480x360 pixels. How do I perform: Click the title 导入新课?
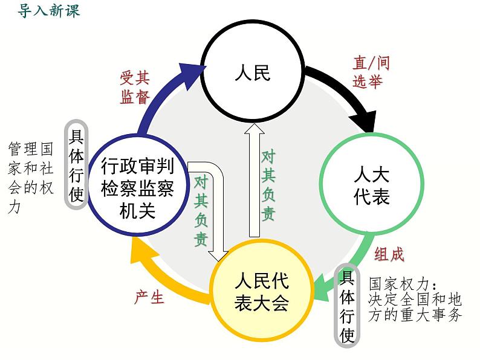(49, 11)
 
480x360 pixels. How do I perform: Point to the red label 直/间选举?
(371, 72)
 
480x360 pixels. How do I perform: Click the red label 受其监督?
(135, 87)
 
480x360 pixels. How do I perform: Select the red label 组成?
(389, 254)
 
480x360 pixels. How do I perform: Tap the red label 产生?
(149, 297)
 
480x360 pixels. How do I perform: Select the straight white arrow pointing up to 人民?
(254, 181)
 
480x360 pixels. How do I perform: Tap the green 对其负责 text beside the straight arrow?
(268, 185)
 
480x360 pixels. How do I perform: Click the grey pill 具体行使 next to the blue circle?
(76, 164)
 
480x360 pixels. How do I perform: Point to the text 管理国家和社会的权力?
(31, 178)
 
